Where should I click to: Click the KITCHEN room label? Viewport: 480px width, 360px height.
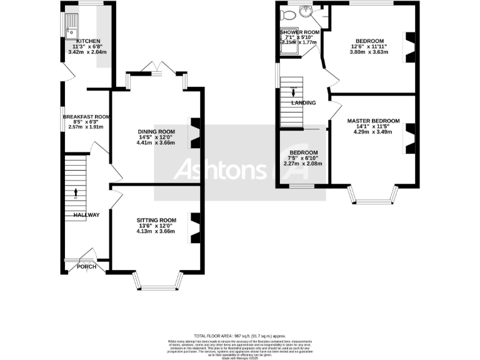87,41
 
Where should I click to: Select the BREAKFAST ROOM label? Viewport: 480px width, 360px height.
86,116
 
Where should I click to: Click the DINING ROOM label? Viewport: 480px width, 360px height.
156,131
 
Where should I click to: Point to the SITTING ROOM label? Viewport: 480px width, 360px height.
156,220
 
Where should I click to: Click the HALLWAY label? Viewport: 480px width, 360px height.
86,215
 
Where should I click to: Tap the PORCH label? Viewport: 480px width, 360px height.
86,267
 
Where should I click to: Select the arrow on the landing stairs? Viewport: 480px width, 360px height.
294,94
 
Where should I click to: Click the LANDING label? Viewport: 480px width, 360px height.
303,102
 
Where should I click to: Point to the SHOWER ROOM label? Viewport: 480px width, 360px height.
300,32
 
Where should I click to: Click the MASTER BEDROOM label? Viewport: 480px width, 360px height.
373,120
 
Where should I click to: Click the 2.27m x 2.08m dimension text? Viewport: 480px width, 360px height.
302,164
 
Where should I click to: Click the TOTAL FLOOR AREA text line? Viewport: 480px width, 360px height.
240,336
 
